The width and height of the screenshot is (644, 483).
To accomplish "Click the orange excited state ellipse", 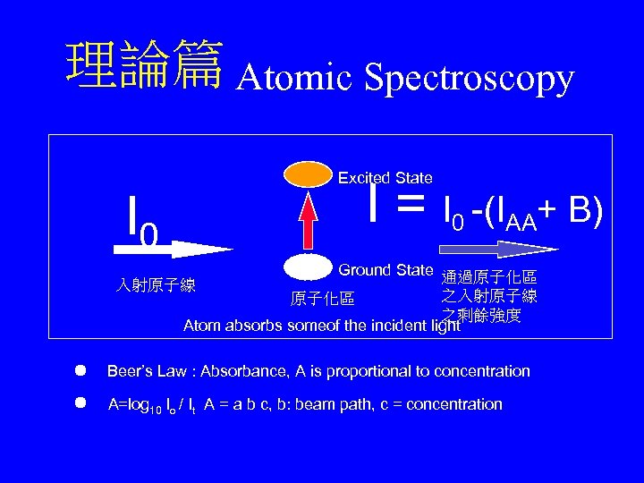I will (x=307, y=173).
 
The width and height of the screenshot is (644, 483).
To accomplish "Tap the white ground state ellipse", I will (x=307, y=266).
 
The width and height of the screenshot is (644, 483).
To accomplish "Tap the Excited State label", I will (x=385, y=179).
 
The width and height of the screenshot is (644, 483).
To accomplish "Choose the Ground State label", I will (x=386, y=270).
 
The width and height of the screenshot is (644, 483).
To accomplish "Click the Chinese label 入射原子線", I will (x=157, y=286).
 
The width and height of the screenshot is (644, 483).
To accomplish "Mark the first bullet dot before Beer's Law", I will (x=80, y=369).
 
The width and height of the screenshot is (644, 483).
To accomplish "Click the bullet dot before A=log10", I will (x=80, y=402).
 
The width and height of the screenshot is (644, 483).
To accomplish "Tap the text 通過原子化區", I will (x=489, y=278).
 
